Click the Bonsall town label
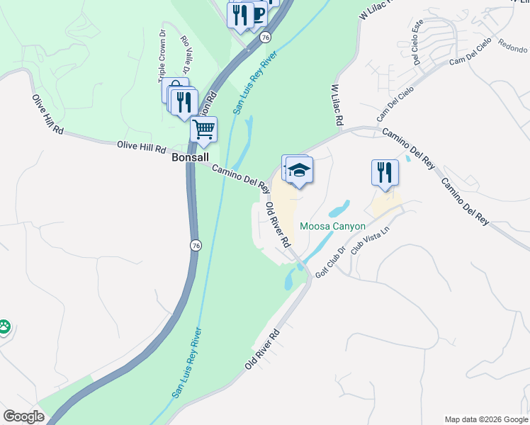point(189,157)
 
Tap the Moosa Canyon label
point(332,227)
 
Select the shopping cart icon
point(204,130)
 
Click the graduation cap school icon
point(300,170)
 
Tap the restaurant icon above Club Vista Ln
point(385,172)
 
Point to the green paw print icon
point(5,326)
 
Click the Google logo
point(23,416)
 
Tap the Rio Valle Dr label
point(186,55)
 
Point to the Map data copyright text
point(485,419)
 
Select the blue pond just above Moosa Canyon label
point(339,209)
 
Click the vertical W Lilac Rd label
point(337,106)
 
